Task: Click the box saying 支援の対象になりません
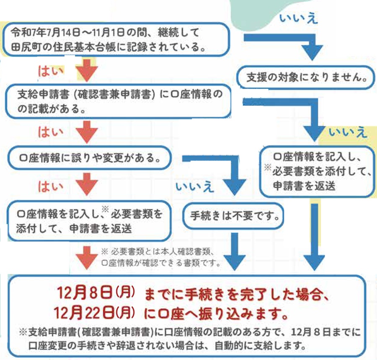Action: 304,77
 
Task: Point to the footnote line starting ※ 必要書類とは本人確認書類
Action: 159,252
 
